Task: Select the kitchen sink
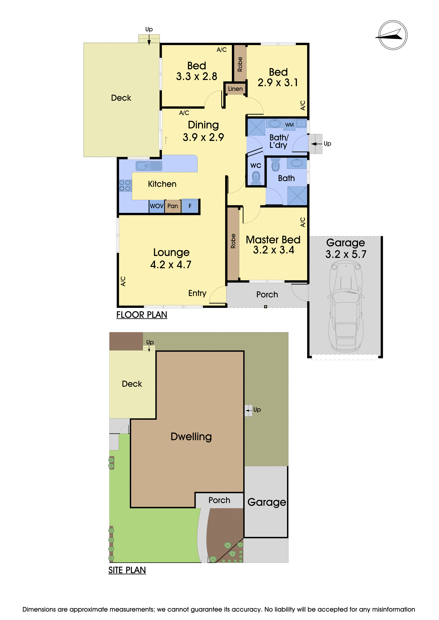pos(149,166)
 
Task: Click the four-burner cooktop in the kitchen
pos(125,186)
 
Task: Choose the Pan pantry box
pos(173,206)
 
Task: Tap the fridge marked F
pos(190,206)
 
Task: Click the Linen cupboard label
pos(235,89)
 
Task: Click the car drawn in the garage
pos(346,307)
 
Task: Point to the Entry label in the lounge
pos(197,293)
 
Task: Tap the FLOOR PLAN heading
pos(142,315)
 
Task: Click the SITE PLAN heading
pos(127,570)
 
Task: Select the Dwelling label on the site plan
pos(191,437)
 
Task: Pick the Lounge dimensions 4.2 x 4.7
pos(171,265)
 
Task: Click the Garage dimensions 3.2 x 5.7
pos(346,254)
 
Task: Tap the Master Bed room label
pos(273,240)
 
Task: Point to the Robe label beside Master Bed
pos(233,241)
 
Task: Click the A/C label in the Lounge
pos(123,281)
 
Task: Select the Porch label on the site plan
pos(219,500)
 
